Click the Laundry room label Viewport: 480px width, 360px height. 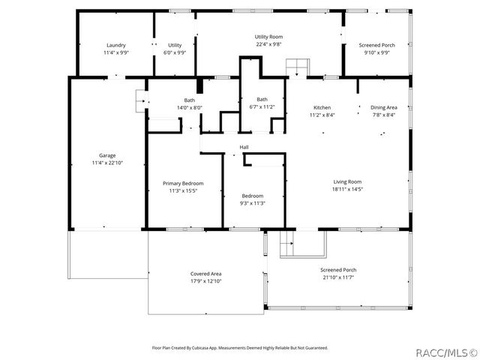(x=115, y=45)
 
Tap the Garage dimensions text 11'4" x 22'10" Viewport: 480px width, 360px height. (x=107, y=163)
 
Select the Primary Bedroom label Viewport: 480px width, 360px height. (x=183, y=183)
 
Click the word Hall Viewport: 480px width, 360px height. (x=244, y=147)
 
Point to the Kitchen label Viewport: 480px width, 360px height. (x=322, y=107)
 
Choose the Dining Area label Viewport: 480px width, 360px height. (x=384, y=107)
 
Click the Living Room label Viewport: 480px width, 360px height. (x=347, y=181)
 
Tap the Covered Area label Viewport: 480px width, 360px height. (x=205, y=274)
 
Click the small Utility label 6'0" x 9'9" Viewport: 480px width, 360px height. (x=175, y=45)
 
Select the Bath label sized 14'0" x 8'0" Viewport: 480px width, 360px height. (x=190, y=100)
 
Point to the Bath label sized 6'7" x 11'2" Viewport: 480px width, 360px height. (x=262, y=99)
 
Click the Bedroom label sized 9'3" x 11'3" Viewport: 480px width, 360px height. (x=253, y=196)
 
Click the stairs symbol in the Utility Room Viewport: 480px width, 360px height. (x=298, y=66)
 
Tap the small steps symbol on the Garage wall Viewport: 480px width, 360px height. (x=140, y=97)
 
